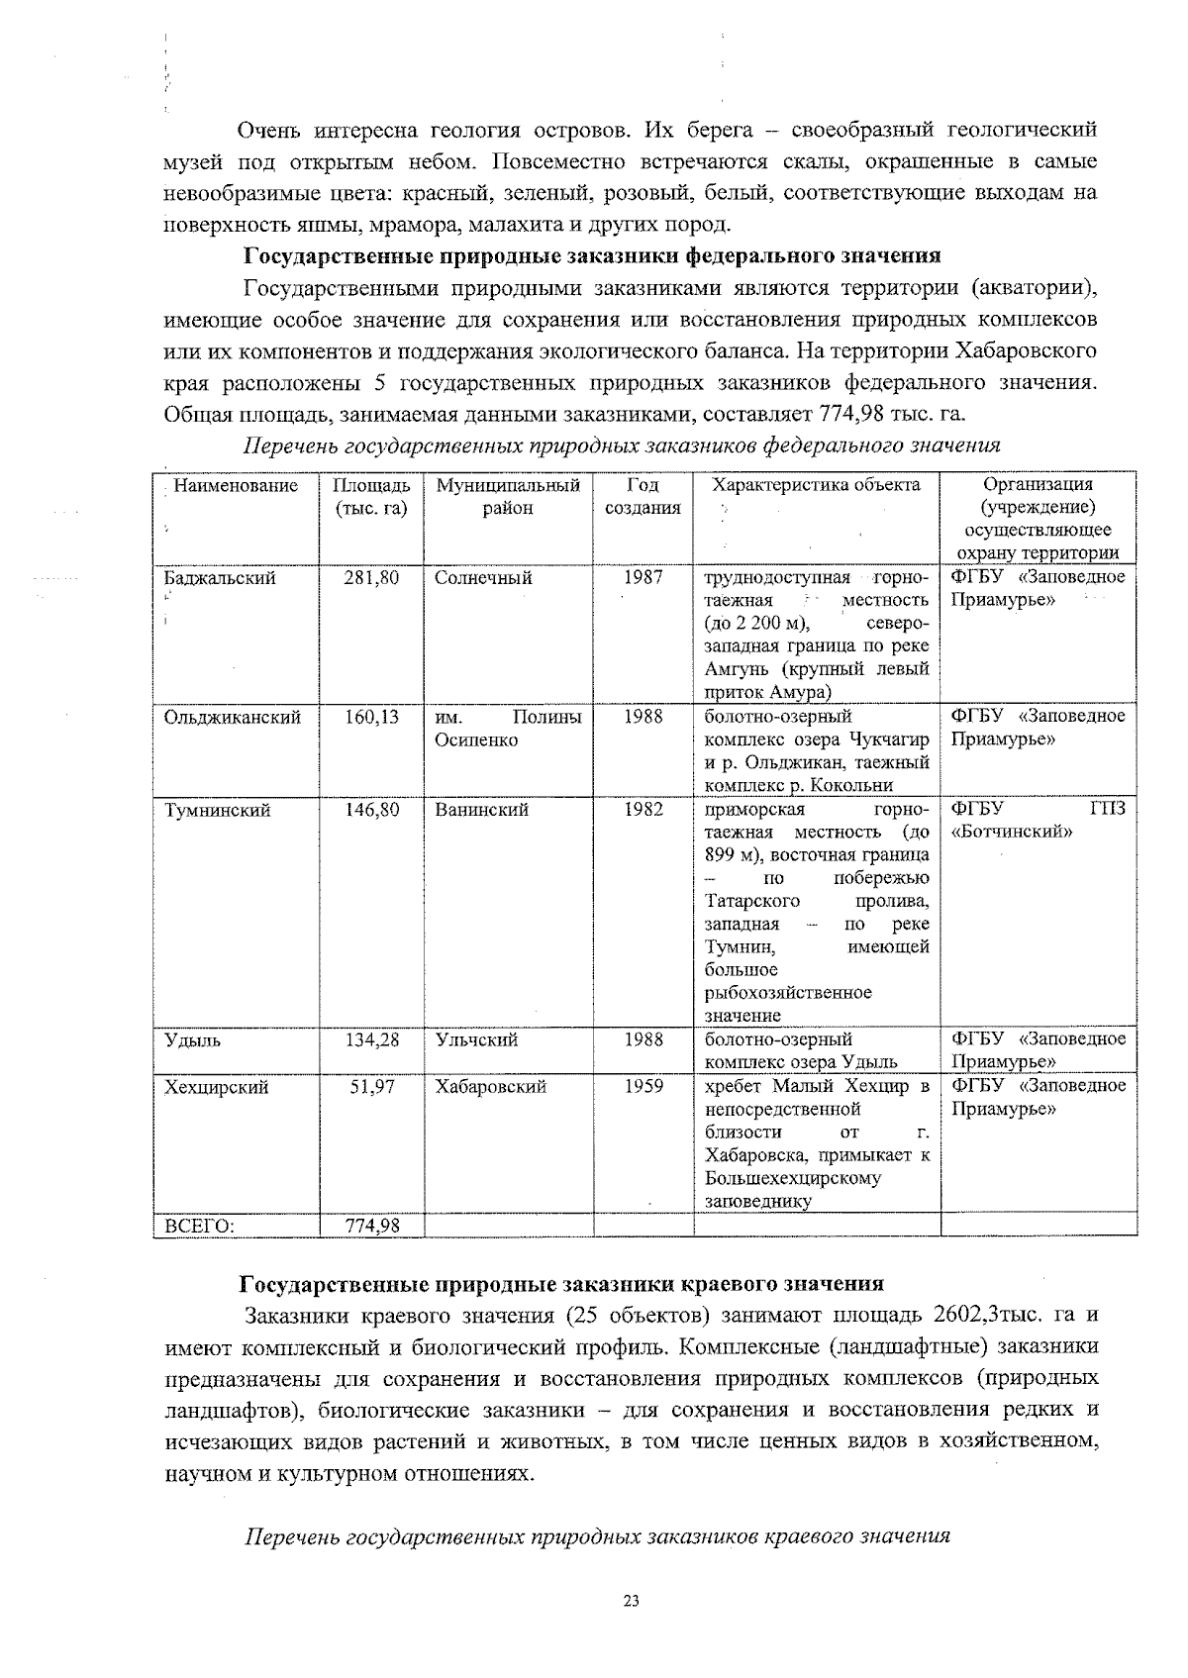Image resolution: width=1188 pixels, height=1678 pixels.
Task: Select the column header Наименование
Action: pos(236,485)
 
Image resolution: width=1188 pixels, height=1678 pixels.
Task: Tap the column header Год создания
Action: pos(643,496)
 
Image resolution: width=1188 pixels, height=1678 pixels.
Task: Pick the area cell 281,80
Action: pos(371,577)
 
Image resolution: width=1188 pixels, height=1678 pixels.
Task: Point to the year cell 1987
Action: pos(643,577)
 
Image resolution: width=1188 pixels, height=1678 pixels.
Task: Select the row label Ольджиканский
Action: pos(233,717)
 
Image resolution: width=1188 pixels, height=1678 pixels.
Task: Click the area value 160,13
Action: pos(371,717)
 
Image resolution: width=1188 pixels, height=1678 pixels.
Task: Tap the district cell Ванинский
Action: pos(481,810)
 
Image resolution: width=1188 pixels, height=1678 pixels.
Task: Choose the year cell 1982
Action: pos(643,810)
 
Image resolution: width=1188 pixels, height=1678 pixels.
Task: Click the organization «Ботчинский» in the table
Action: pos(1012,833)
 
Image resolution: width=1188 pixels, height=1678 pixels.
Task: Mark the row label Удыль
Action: pos(193,1039)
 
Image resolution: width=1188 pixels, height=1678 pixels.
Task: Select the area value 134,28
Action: pos(371,1039)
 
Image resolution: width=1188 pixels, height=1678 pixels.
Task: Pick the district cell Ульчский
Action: pos(476,1039)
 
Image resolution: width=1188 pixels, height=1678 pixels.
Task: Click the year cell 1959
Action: pos(643,1086)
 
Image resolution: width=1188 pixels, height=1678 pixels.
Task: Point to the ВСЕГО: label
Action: pos(199,1227)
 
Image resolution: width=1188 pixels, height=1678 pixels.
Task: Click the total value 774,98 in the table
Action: pos(371,1227)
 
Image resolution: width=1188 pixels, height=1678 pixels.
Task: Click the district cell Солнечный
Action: pos(483,577)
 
